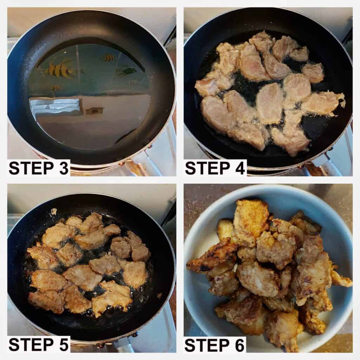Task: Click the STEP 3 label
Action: coord(39,168)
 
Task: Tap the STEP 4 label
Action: coord(215,168)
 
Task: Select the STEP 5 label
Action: coord(39,345)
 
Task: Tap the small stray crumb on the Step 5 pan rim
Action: coord(54,211)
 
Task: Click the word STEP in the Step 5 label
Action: coord(30,345)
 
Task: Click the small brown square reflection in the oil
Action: coord(95,111)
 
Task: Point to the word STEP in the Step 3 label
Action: coord(30,168)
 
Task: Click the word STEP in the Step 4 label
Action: coord(206,168)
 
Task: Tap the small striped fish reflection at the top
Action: coord(109,57)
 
